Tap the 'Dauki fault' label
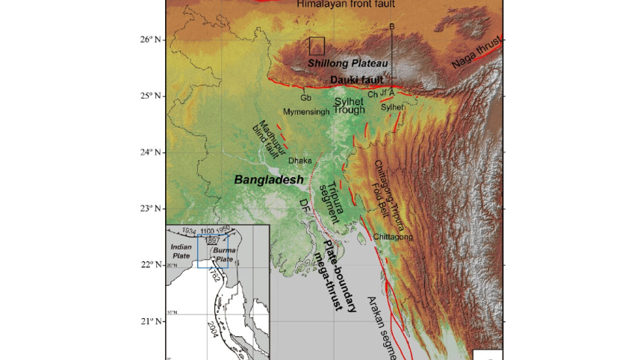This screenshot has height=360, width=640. [x=357, y=78]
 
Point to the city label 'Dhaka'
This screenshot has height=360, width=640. [x=299, y=160]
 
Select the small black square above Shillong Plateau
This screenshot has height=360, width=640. [x=317, y=46]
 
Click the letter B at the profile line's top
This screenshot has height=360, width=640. [x=392, y=27]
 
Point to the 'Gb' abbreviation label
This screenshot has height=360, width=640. [x=305, y=98]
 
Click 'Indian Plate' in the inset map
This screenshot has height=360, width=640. [x=182, y=250]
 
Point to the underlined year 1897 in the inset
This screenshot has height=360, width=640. [x=213, y=242]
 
